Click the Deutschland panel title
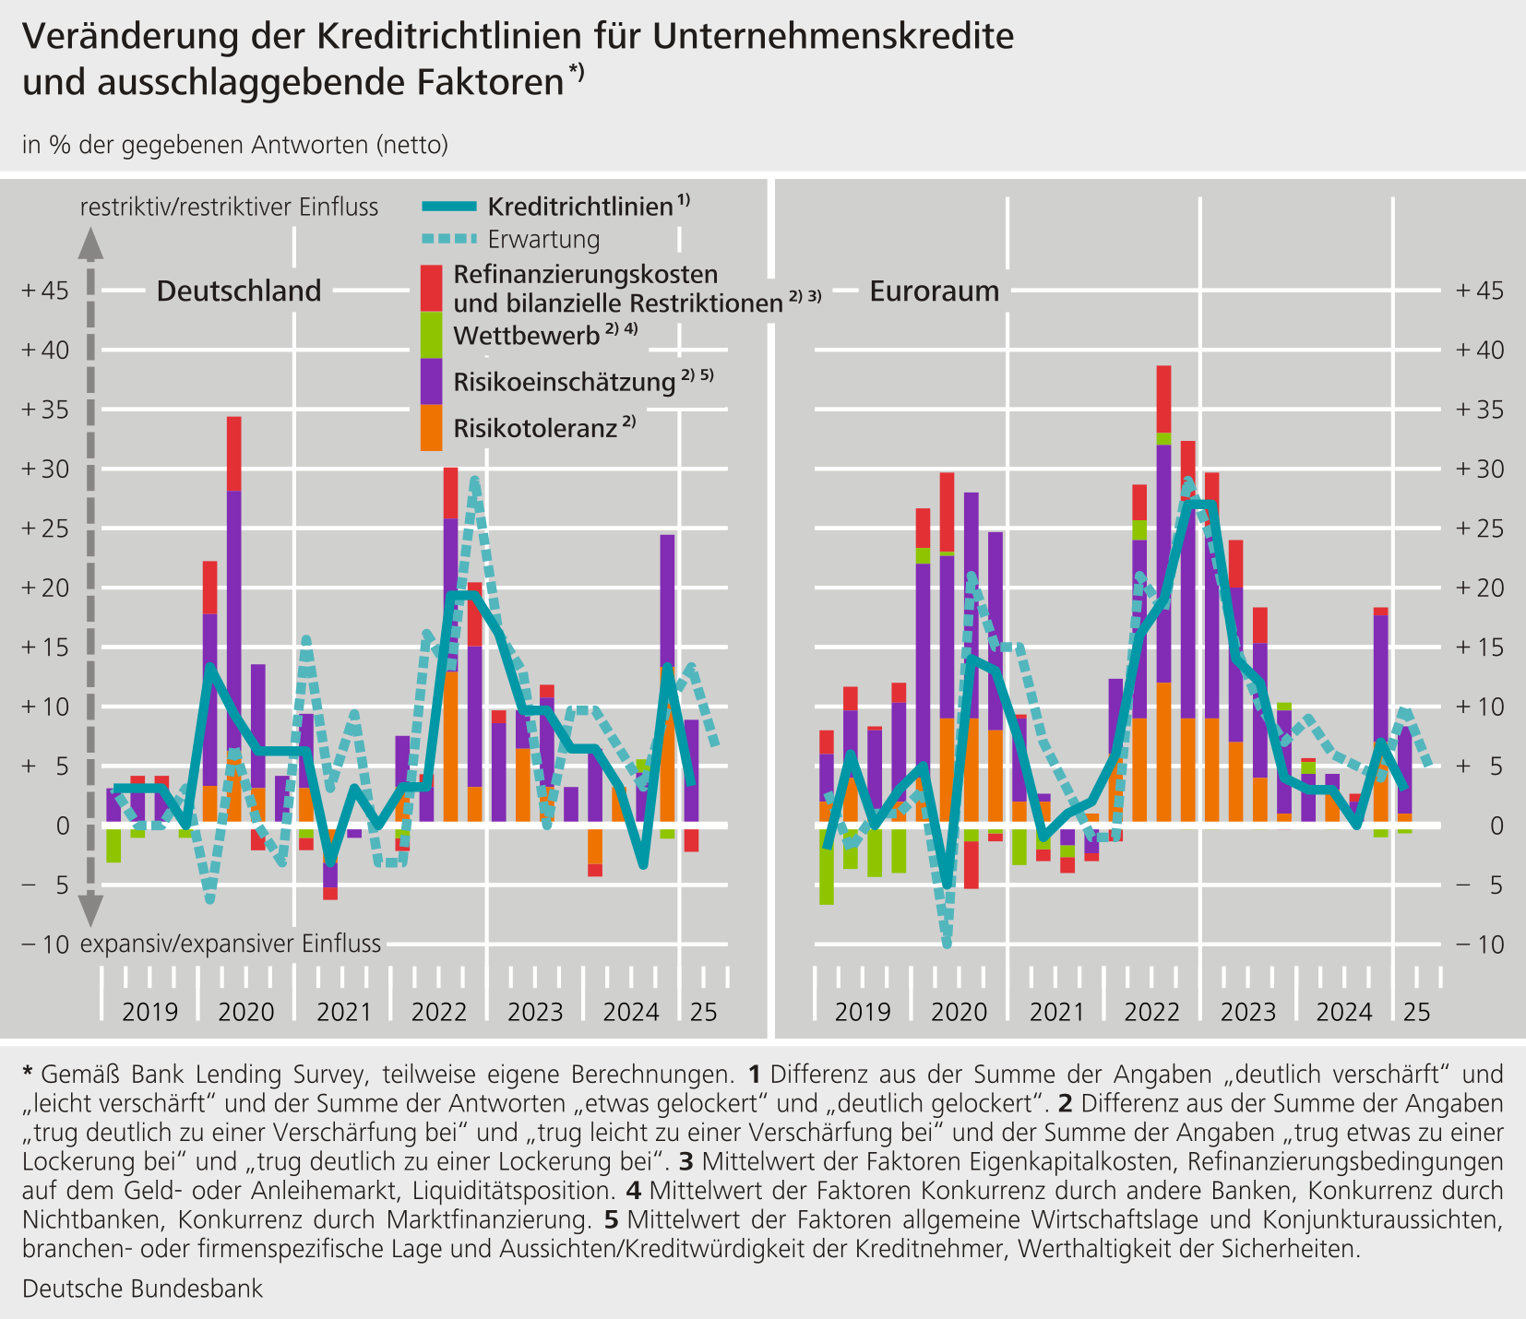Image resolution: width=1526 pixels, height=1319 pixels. (239, 291)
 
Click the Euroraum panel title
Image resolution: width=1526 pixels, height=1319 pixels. (935, 291)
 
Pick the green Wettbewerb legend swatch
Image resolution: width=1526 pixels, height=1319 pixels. (431, 335)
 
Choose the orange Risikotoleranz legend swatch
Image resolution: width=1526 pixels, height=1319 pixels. (431, 427)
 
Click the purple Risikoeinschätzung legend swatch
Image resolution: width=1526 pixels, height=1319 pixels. (431, 381)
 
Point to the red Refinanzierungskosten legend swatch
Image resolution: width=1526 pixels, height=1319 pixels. (431, 289)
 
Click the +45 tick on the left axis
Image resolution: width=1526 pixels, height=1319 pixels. (44, 291)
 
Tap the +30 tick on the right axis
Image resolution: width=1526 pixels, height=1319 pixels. (1480, 469)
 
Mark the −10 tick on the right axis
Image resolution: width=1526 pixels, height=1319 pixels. (1480, 945)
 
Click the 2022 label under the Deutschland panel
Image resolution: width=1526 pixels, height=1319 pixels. (438, 1012)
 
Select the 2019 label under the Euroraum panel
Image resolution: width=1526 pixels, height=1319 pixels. (863, 1012)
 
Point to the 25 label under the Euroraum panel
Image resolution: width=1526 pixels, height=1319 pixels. (1416, 1012)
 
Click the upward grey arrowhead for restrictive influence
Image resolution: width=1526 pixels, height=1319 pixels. (89, 244)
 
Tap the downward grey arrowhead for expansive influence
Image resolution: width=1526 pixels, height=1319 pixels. (89, 910)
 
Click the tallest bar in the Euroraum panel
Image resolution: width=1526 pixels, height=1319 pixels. (1163, 593)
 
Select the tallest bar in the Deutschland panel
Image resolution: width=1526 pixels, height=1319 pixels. (234, 619)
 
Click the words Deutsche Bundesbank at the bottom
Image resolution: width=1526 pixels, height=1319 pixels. (142, 1289)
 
